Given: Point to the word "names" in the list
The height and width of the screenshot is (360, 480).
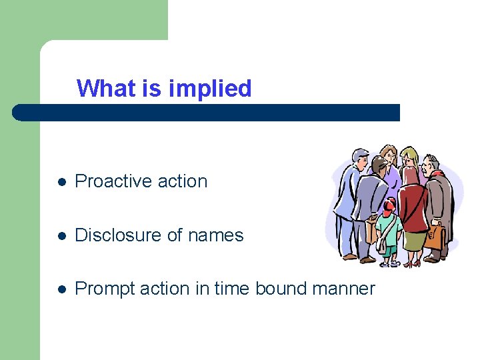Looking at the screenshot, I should tap(216, 235).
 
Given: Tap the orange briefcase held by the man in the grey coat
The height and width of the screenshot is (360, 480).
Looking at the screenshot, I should tap(435, 236).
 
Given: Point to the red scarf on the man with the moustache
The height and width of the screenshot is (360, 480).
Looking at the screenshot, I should tap(437, 175).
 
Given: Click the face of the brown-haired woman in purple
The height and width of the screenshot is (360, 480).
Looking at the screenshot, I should tap(390, 157).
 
